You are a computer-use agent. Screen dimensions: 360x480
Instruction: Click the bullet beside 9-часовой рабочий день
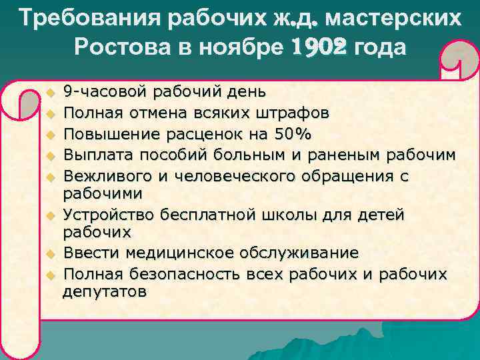[x=48, y=91]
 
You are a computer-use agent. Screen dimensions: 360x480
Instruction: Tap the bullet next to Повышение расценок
[x=48, y=135]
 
